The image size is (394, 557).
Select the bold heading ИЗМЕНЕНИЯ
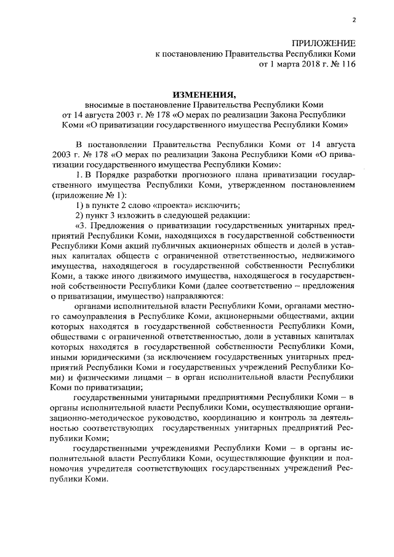click(204, 95)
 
